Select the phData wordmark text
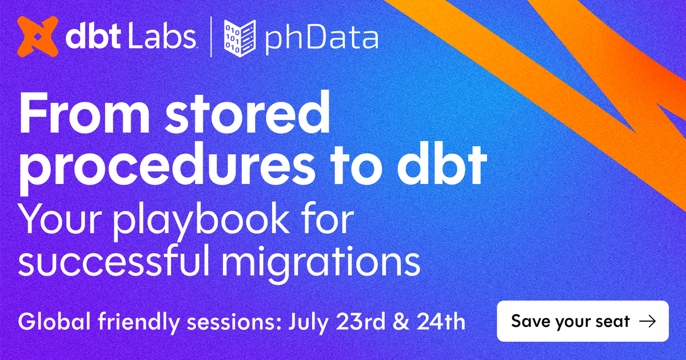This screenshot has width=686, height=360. pyautogui.click(x=320, y=39)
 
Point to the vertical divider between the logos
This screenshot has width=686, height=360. pyautogui.click(x=211, y=38)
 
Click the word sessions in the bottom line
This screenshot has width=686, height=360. pyautogui.click(x=231, y=321)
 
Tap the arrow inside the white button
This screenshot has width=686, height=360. pyautogui.click(x=647, y=321)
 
